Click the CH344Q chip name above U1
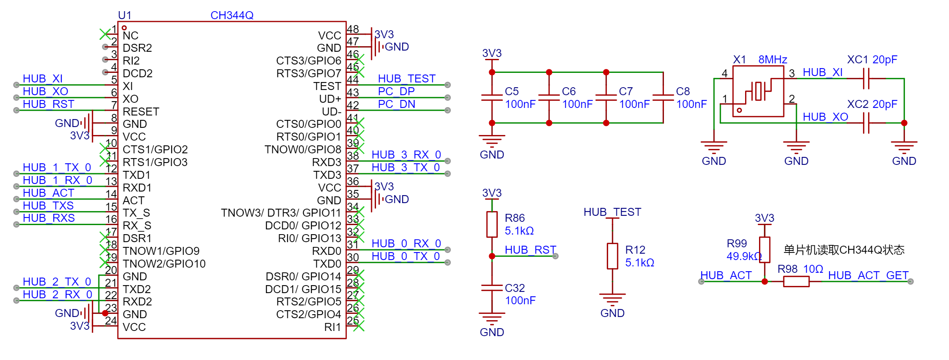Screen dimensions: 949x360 [x=232, y=15]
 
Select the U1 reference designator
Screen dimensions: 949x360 [x=125, y=15]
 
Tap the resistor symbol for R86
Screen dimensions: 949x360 [x=492, y=225]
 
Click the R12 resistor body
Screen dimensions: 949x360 [x=612, y=256]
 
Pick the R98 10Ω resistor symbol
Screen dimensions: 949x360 [x=796, y=282]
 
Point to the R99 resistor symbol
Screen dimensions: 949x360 [x=764, y=250]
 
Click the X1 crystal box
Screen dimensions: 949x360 [x=758, y=91]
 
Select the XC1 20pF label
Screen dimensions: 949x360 [x=872, y=60]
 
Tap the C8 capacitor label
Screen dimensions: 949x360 [x=683, y=91]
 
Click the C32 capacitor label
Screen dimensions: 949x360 [x=515, y=288]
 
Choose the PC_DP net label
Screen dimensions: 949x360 [x=396, y=91]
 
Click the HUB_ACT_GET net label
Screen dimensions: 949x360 [x=868, y=275]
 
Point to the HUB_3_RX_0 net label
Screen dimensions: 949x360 [x=406, y=155]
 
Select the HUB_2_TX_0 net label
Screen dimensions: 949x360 [x=57, y=282]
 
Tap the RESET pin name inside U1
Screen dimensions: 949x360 [x=141, y=112]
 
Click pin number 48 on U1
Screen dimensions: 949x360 [x=353, y=29]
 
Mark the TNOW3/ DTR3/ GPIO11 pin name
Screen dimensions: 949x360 [x=281, y=213]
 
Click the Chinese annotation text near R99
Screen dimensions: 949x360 [x=844, y=250]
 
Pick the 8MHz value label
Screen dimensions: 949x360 [x=773, y=60]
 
